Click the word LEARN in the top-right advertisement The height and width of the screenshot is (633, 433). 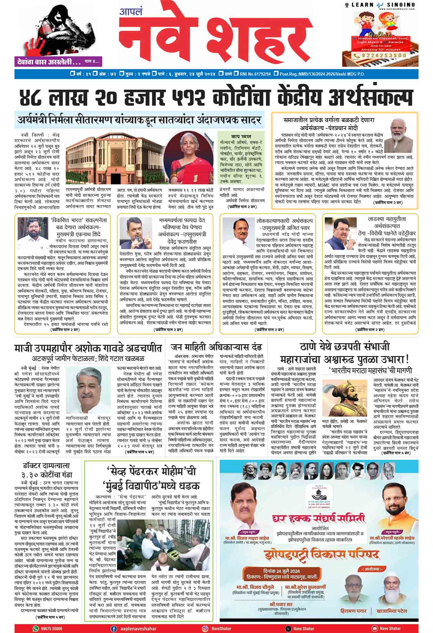tap(363, 4)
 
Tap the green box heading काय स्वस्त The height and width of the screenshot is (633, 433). tap(241, 136)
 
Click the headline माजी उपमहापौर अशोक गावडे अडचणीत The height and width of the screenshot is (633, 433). tap(88, 348)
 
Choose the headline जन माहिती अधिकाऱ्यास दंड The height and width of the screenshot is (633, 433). tap(216, 347)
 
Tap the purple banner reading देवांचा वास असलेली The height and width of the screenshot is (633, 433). tap(47, 61)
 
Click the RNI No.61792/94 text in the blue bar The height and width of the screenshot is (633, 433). tap(255, 74)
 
